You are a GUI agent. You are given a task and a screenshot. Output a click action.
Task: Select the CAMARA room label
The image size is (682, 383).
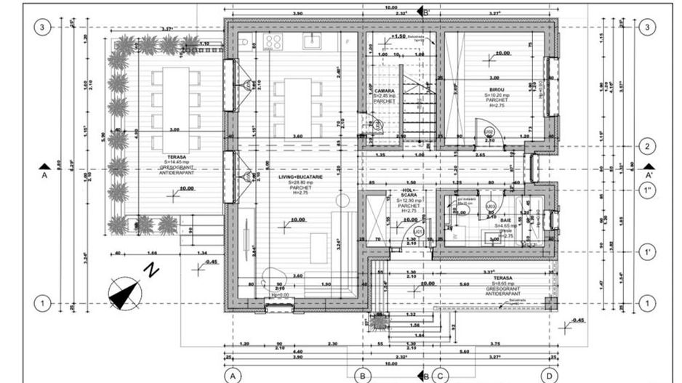[x=385, y=91]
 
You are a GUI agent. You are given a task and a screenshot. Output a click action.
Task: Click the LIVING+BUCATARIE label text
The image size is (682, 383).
[x=300, y=177]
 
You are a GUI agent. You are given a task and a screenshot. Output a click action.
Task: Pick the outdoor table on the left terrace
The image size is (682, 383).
[x=174, y=108]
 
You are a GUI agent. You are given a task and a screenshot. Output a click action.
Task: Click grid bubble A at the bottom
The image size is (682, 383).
[x=232, y=376]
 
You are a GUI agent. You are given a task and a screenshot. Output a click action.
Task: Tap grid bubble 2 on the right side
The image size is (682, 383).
[x=646, y=146]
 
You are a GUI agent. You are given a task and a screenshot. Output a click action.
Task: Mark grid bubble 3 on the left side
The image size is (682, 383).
[x=43, y=28]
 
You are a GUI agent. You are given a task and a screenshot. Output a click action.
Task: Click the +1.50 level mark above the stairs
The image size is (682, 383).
[x=397, y=36]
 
